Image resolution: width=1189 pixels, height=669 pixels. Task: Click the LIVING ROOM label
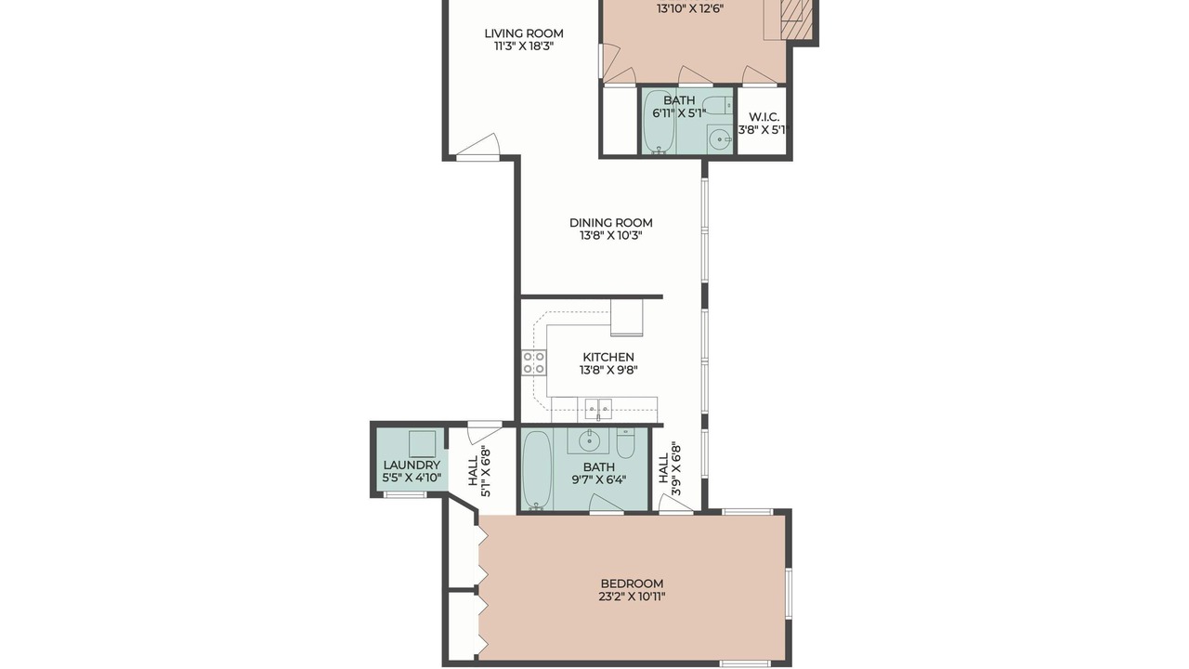pos(523,33)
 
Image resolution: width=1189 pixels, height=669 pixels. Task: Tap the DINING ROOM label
pos(611,223)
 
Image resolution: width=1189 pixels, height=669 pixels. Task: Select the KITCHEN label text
pos(608,358)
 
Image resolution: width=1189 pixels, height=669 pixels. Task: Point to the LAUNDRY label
pos(412,466)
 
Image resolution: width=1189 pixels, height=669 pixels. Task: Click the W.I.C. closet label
pos(764,117)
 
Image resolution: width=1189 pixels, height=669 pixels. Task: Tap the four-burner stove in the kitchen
pos(533,362)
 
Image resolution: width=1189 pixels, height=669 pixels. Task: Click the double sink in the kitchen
pos(598,410)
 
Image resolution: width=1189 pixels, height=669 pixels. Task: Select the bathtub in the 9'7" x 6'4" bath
pos(537,469)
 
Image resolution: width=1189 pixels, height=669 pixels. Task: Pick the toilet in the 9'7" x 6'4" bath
pos(626,443)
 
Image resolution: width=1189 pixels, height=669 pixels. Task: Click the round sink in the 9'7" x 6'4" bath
pos(588,440)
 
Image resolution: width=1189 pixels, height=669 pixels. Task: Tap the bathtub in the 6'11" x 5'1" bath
pos(659,122)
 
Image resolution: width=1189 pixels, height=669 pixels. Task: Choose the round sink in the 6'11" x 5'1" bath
pos(720,140)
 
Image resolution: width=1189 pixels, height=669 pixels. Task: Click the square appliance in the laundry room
pos(422,444)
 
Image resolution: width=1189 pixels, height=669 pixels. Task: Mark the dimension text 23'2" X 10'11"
pos(633,597)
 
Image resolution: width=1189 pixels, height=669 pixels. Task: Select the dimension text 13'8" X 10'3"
pos(611,236)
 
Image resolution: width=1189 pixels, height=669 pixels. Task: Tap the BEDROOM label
pos(633,584)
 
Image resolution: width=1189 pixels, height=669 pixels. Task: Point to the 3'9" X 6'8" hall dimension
pos(676,469)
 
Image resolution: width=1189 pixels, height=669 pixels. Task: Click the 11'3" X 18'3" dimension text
pos(524,46)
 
